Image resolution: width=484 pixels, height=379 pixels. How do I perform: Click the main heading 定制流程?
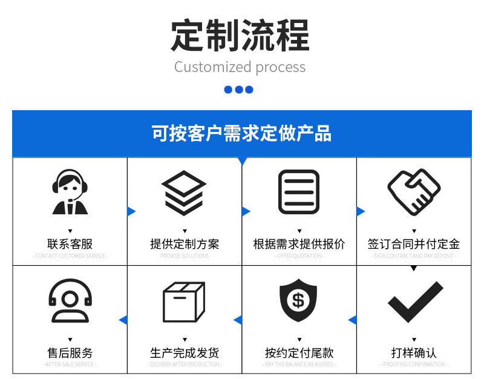pyautogui.click(x=240, y=35)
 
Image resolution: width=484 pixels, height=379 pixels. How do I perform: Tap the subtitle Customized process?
pyautogui.click(x=240, y=67)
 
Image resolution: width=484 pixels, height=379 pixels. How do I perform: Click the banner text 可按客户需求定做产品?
pyautogui.click(x=241, y=133)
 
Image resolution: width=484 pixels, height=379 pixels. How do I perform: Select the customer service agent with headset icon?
pyautogui.click(x=70, y=192)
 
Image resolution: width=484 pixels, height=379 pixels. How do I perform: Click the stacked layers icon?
pyautogui.click(x=185, y=193)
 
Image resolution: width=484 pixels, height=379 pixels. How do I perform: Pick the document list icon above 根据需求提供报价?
pyautogui.click(x=298, y=192)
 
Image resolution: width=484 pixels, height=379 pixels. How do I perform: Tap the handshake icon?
pyautogui.click(x=414, y=191)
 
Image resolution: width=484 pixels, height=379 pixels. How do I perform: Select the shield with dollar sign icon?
pyautogui.click(x=298, y=300)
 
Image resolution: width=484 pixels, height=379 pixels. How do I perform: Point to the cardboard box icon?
pyautogui.click(x=184, y=302)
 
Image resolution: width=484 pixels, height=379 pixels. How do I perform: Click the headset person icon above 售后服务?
pyautogui.click(x=70, y=300)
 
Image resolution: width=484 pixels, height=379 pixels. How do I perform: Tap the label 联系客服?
pyautogui.click(x=70, y=244)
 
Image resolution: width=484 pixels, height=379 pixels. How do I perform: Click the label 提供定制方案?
pyautogui.click(x=185, y=244)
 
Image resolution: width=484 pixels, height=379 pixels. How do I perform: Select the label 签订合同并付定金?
pyautogui.click(x=414, y=244)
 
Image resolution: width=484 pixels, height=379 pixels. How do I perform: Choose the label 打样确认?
pyautogui.click(x=414, y=352)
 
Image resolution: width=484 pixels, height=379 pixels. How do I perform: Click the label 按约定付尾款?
pyautogui.click(x=299, y=352)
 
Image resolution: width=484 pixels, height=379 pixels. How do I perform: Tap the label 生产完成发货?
pyautogui.click(x=185, y=352)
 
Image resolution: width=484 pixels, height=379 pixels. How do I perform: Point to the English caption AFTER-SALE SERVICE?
pyautogui.click(x=70, y=364)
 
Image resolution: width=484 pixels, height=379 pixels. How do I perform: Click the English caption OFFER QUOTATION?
pyautogui.click(x=299, y=256)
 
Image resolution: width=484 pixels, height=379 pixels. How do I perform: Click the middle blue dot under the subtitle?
pyautogui.click(x=239, y=90)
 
